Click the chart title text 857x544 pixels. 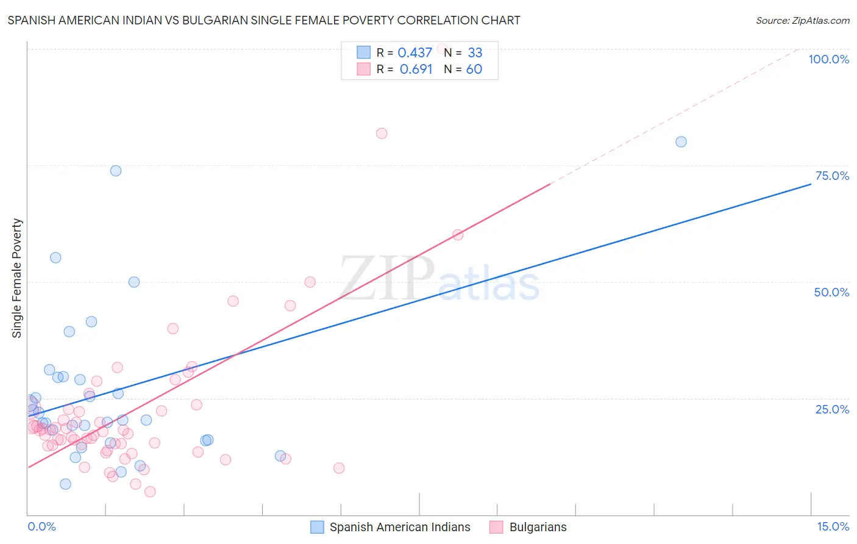[264, 20]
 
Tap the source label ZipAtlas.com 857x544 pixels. [802, 20]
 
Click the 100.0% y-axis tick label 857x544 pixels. [828, 59]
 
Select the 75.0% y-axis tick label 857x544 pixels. [832, 176]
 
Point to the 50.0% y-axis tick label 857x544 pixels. [831, 292]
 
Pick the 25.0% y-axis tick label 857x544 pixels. [832, 409]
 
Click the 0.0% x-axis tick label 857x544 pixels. [41, 526]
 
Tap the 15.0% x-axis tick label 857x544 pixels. [833, 526]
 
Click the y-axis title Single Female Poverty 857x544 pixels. [17, 278]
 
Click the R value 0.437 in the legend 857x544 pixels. [414, 52]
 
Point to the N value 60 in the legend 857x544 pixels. [474, 69]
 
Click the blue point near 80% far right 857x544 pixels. [681, 141]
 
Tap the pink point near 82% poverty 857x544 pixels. [382, 133]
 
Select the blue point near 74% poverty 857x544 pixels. [116, 170]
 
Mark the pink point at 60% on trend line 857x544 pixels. [458, 234]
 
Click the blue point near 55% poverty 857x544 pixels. [55, 257]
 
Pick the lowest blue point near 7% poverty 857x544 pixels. [65, 484]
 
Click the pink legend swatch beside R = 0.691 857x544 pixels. [364, 69]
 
